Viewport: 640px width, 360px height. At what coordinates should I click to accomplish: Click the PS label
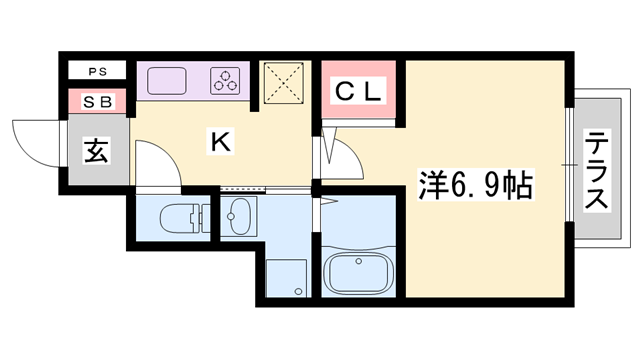pos(97,71)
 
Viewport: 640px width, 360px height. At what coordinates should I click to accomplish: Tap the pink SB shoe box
pos(97,101)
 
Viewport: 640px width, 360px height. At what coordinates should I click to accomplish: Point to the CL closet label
pos(358,93)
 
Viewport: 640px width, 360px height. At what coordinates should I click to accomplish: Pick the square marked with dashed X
pos(286,82)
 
